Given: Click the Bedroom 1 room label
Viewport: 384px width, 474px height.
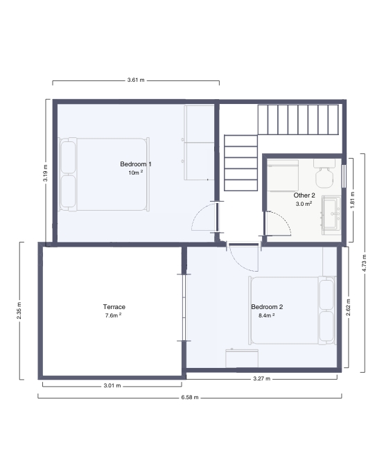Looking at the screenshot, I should click(136, 164).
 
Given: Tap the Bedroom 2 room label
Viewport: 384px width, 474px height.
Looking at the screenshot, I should click(267, 307).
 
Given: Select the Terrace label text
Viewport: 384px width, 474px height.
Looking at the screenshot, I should click(114, 306).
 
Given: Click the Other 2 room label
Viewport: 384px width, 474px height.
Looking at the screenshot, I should click(304, 195).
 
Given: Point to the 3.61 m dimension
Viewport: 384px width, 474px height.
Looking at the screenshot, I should click(136, 81).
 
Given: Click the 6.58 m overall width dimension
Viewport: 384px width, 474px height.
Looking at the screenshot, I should click(189, 398).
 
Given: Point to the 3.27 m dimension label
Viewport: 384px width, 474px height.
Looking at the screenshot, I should click(261, 379).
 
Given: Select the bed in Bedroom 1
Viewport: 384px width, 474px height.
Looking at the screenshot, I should click(104, 174).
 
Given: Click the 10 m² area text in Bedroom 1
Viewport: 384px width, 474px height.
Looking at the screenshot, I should click(135, 173).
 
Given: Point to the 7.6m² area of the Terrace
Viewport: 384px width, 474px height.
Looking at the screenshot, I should click(113, 315).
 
